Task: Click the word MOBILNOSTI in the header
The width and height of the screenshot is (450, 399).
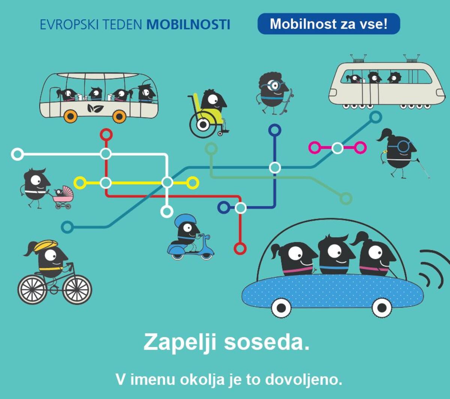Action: (x=188, y=25)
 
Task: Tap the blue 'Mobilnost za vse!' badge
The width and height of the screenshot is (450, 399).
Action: (x=329, y=24)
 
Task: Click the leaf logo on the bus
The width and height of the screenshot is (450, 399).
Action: (x=95, y=108)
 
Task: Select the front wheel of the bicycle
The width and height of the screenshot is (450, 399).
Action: (x=77, y=290)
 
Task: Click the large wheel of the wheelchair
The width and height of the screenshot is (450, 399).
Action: (x=203, y=124)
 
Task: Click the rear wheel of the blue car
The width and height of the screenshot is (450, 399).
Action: (x=281, y=308)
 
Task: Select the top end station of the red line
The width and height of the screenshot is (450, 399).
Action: (x=106, y=135)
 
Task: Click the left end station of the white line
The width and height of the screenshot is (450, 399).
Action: (x=17, y=154)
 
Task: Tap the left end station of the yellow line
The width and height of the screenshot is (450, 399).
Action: (x=80, y=183)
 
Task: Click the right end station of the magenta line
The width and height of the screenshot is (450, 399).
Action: (x=360, y=148)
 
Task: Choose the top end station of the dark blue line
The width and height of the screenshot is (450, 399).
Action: (x=275, y=130)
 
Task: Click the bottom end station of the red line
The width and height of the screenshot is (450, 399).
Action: (x=240, y=248)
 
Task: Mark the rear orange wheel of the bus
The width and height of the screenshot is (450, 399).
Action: (x=70, y=116)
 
